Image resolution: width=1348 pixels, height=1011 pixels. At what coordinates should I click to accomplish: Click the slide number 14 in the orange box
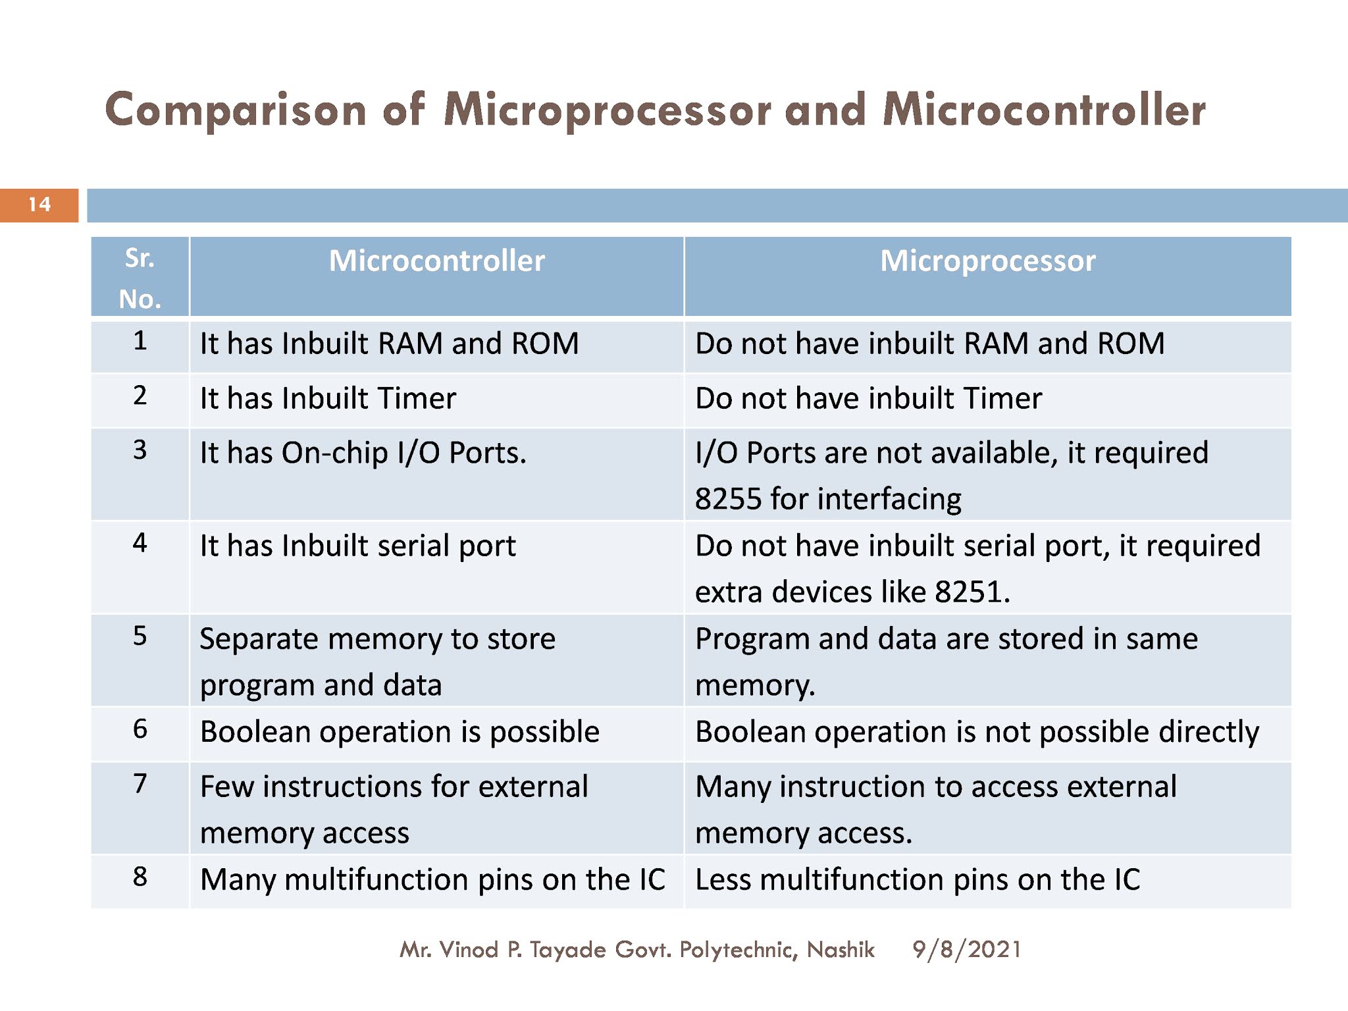pos(39,205)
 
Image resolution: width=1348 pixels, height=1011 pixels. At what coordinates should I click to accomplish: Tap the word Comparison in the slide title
pos(235,111)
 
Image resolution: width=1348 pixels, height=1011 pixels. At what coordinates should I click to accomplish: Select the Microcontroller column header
pos(436,261)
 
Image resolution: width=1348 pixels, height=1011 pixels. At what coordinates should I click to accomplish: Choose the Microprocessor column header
pos(987,261)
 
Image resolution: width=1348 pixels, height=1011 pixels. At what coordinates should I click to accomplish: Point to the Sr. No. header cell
pos(140,278)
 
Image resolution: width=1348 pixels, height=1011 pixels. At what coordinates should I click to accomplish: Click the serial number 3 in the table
pos(140,450)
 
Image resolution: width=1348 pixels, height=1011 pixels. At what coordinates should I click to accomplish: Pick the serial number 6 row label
pos(140,729)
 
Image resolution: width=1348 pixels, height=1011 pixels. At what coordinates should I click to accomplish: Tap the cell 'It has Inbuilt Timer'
pos(328,399)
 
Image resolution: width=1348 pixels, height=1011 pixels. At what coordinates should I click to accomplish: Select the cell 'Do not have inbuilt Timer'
pos(868,399)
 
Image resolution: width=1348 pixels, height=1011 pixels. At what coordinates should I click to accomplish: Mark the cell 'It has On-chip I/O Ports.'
pos(363,454)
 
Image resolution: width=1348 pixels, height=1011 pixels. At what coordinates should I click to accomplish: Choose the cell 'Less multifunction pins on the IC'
pos(917,880)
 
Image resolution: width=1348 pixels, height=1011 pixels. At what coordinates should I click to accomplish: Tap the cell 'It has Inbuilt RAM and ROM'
pos(389,344)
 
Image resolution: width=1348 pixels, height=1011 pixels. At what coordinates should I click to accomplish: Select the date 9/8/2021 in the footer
pos(966,950)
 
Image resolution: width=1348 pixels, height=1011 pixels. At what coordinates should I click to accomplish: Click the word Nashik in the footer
pos(841,950)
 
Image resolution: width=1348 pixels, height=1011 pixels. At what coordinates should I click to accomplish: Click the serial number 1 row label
pos(140,341)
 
